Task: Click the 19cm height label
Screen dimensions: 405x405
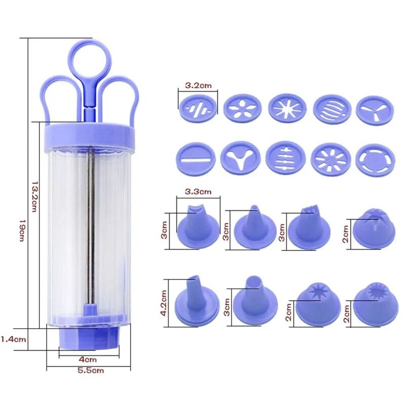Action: [x=22, y=230]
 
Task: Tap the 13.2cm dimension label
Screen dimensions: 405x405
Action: [x=34, y=196]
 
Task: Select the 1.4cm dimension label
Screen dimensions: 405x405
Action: [x=13, y=339]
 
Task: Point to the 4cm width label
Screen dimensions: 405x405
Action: [x=87, y=359]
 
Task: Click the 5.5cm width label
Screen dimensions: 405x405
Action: [x=91, y=371]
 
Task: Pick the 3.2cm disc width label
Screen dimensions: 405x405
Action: [x=198, y=86]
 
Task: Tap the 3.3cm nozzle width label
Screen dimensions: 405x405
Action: [x=198, y=192]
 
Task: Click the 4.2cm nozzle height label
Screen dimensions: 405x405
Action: [x=164, y=303]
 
